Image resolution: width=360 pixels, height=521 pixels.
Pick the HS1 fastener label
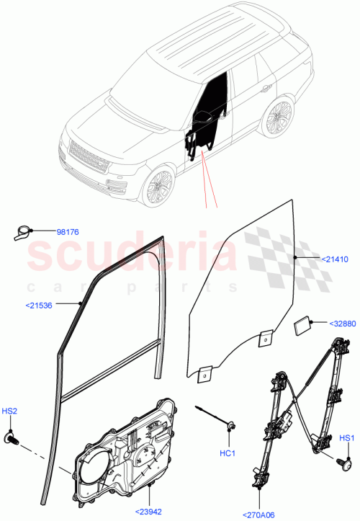click(346, 437)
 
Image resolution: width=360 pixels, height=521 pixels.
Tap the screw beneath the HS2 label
click(12, 437)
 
